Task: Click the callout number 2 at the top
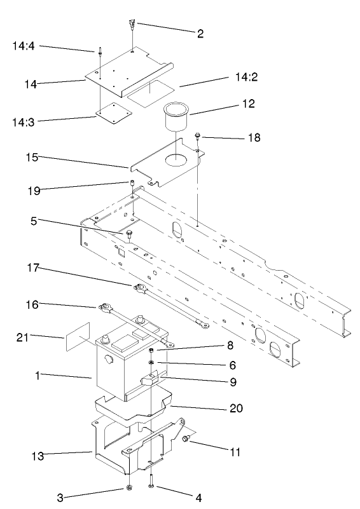point(200,33)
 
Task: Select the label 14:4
point(23,46)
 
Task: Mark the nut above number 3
point(129,488)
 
